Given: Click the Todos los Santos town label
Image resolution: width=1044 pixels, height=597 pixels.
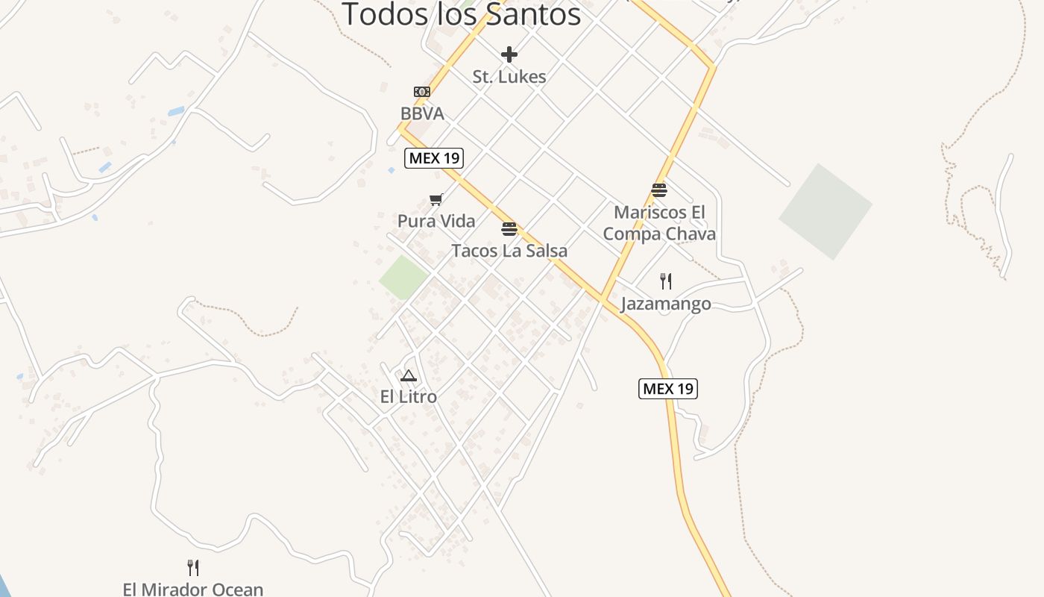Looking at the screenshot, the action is pos(461,14).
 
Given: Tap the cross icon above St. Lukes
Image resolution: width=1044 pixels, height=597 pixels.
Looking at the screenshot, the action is pos(509,54).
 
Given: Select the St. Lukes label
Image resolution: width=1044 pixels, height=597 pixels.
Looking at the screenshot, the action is pos(509,77).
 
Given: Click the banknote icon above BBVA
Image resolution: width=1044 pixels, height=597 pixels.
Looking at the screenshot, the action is pos(422,92).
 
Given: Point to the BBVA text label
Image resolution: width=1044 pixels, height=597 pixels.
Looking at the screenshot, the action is pos(422,114).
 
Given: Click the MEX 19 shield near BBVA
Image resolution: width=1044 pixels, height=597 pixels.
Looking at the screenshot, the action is pos(434,158).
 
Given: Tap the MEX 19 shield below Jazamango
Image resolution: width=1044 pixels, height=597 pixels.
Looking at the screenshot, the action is pos(668,389).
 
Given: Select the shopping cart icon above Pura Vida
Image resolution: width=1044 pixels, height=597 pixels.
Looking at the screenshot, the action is pos(436,199).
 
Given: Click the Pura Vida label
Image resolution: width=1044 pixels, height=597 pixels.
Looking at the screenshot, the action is pos(436,222).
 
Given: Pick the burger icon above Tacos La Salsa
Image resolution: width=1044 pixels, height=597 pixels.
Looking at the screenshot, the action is pos(509,228).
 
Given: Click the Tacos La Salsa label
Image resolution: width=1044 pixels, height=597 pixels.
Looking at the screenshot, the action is pos(509,251).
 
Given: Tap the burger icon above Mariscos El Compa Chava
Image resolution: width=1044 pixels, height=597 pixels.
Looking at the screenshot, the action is pos(658,190).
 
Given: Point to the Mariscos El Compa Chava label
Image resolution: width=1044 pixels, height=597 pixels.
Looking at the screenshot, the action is pos(658,223).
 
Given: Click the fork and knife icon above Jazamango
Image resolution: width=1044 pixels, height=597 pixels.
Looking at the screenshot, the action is pos(666,281).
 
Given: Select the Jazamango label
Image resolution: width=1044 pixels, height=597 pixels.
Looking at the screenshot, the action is pos(666,304).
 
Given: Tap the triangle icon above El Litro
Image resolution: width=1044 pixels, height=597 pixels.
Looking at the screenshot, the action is pos(408,375).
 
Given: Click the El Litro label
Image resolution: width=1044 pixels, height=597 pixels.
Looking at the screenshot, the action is pos(409,397).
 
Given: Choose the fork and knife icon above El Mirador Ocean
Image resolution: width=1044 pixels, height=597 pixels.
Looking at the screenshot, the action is pos(193,568).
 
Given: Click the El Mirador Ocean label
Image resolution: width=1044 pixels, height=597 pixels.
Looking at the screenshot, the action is pos(193,590).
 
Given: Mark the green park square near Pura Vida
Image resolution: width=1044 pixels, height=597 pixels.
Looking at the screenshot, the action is pos(403,278).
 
